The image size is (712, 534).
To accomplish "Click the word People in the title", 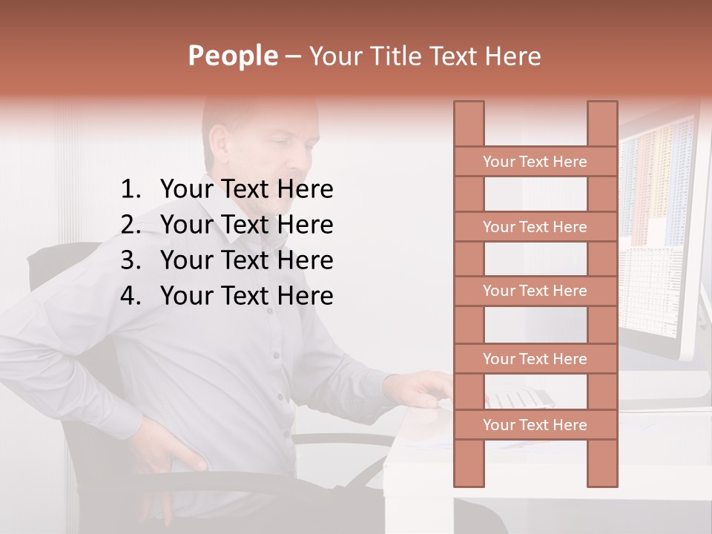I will tap(232, 56).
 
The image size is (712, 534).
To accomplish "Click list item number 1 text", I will tap(246, 190).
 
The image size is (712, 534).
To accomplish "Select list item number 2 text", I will tap(246, 225).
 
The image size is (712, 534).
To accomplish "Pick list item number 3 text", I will tap(246, 260).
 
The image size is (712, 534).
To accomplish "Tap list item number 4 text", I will tap(246, 296).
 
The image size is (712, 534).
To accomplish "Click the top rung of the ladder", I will tap(535, 162).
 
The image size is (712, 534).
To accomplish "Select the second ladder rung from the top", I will tap(535, 227).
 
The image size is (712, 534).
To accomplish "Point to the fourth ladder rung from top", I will tap(535, 359).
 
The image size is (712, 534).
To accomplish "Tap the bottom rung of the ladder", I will tap(535, 425).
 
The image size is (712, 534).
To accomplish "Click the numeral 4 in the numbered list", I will tap(130, 296).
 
